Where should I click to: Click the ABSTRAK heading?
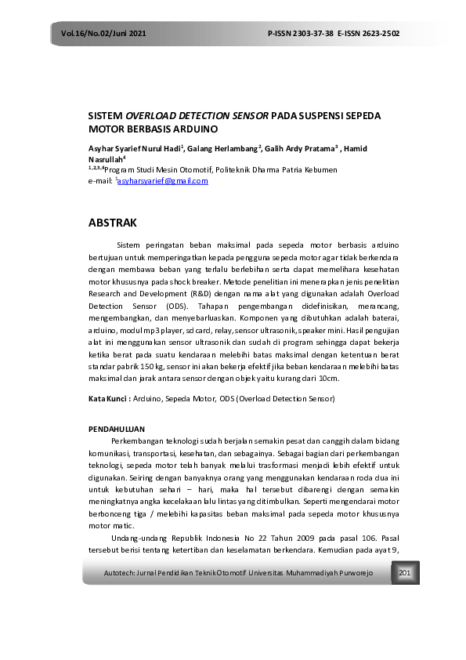click(113, 223)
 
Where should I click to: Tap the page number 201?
click(405, 574)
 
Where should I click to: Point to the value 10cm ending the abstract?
click(327, 377)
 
